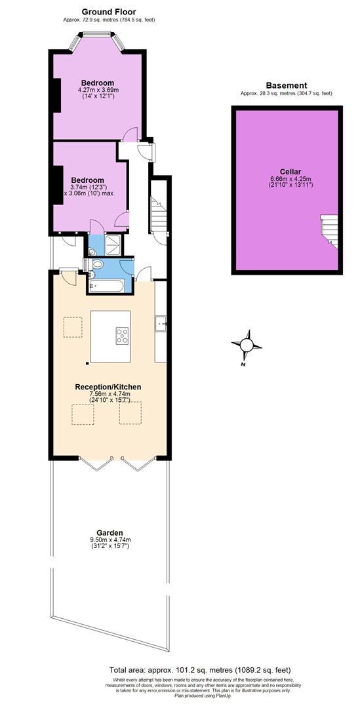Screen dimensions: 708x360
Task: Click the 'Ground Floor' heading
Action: pyautogui.click(x=109, y=11)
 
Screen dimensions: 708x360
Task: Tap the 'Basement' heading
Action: pyautogui.click(x=287, y=85)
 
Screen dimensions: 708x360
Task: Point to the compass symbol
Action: pyautogui.click(x=247, y=345)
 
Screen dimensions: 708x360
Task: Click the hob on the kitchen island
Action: pyautogui.click(x=123, y=335)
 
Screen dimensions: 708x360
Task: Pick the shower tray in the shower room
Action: pyautogui.click(x=113, y=245)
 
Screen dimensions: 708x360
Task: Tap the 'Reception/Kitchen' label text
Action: pyautogui.click(x=108, y=387)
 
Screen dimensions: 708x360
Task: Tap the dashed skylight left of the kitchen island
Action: pyautogui.click(x=73, y=326)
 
